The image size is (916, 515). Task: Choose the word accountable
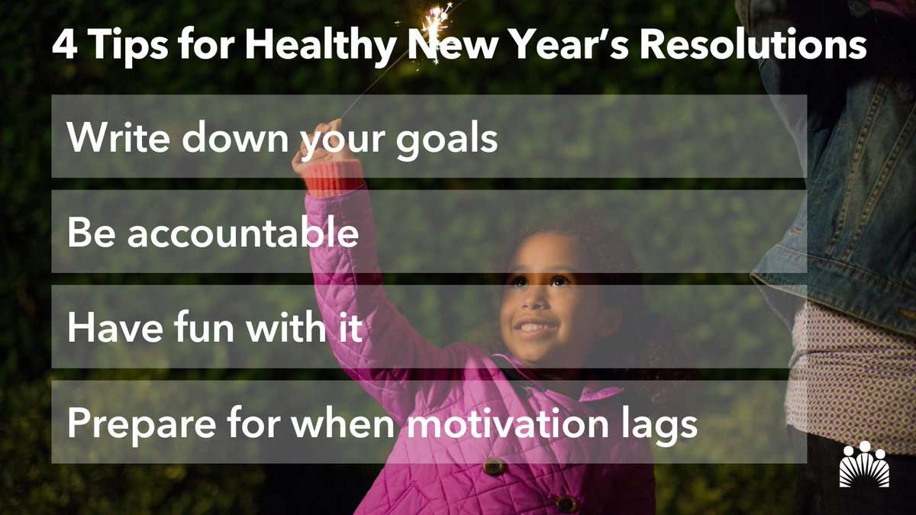pyautogui.click(x=243, y=233)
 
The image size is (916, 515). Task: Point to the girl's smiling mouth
pyautogui.click(x=535, y=327)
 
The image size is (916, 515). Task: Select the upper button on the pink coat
pyautogui.click(x=494, y=466)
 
